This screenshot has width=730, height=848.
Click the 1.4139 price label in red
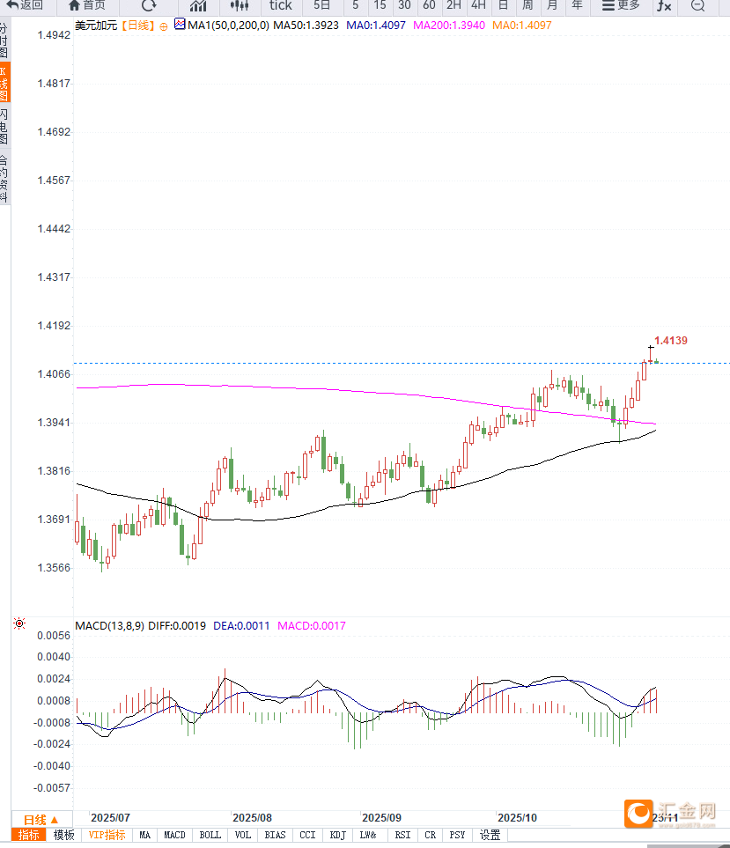click(x=670, y=341)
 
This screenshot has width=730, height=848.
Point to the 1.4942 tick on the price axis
click(x=53, y=35)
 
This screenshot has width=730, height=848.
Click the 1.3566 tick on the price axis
click(x=53, y=568)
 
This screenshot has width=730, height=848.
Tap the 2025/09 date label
click(x=381, y=817)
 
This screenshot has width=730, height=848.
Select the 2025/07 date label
click(x=110, y=817)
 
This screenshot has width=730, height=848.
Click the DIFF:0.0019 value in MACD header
click(x=178, y=626)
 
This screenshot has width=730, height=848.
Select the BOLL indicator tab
click(x=210, y=835)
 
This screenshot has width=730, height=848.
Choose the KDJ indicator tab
click(x=337, y=835)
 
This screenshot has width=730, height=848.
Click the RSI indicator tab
click(x=402, y=835)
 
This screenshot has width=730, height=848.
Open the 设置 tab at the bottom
click(x=490, y=835)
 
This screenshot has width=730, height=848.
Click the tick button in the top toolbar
click(x=280, y=5)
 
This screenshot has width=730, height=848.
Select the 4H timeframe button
click(x=478, y=5)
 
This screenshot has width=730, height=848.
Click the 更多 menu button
click(x=621, y=5)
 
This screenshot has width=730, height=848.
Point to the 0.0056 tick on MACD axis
click(x=53, y=635)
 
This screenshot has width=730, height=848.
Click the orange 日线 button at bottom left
click(x=41, y=819)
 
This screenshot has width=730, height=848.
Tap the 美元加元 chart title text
click(x=95, y=26)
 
